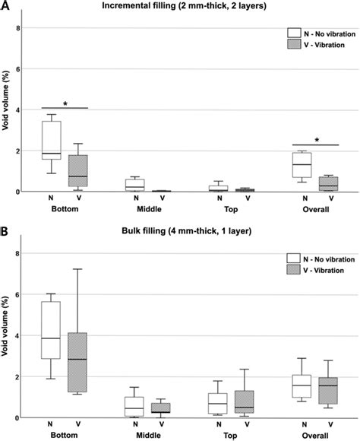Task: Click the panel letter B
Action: (5, 231)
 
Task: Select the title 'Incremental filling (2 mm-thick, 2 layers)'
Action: (181, 7)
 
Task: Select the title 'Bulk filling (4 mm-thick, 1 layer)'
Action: (181, 232)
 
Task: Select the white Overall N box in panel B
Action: (302, 385)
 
